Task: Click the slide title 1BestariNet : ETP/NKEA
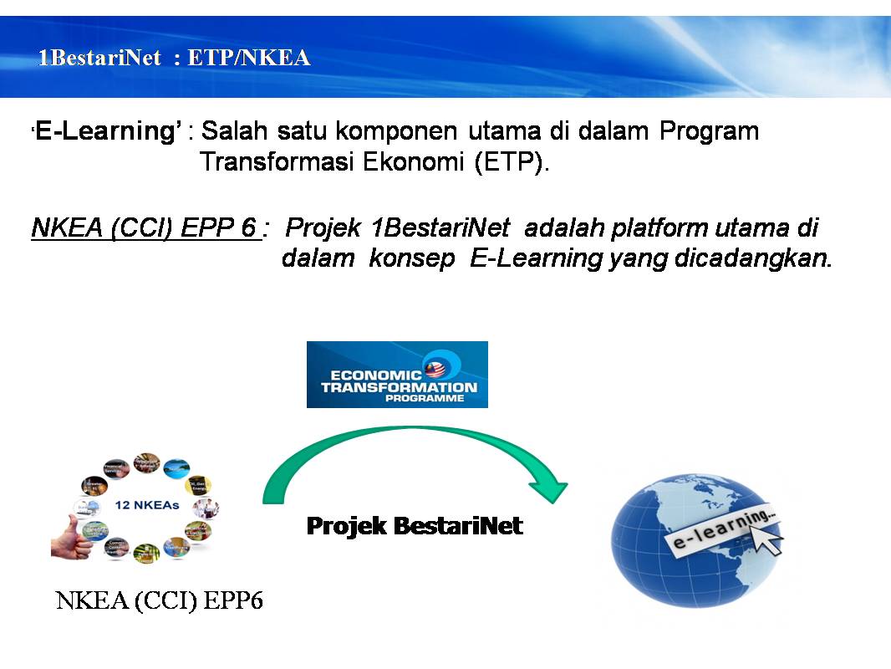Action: pyautogui.click(x=174, y=58)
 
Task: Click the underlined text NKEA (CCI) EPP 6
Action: pyautogui.click(x=144, y=227)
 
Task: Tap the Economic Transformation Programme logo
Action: pyautogui.click(x=397, y=374)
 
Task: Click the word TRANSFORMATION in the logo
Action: pyautogui.click(x=399, y=387)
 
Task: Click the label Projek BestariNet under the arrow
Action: pyautogui.click(x=415, y=526)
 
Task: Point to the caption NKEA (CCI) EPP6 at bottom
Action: pyautogui.click(x=159, y=601)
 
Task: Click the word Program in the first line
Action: pyautogui.click(x=709, y=131)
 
